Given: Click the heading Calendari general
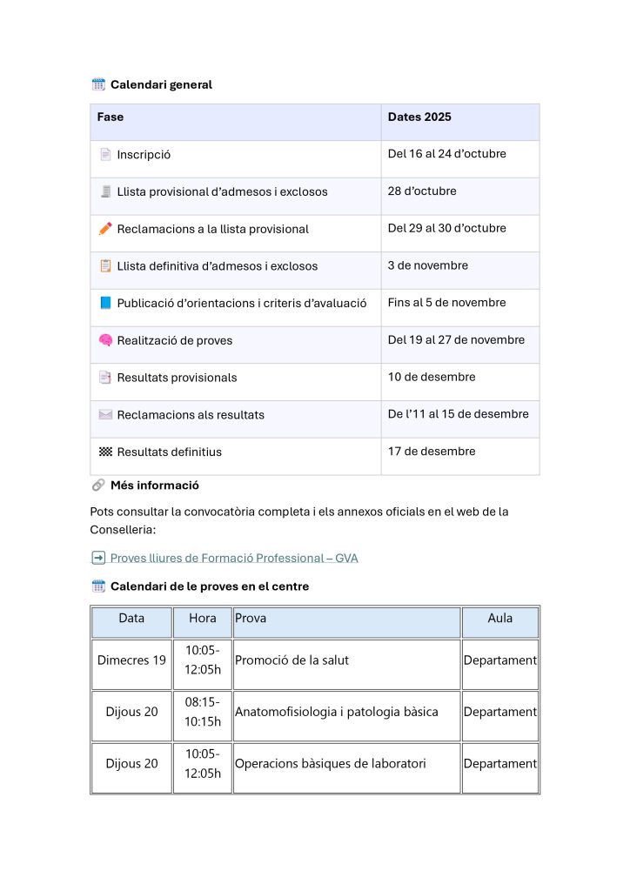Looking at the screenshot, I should pyautogui.click(x=161, y=84).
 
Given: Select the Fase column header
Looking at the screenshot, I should pyautogui.click(x=111, y=117).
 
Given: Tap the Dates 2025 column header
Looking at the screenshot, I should pyautogui.click(x=419, y=117).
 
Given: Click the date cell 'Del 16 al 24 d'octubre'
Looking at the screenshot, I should pyautogui.click(x=446, y=154).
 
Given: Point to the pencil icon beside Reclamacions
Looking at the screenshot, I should pyautogui.click(x=105, y=228).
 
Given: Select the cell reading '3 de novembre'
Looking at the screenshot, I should pyautogui.click(x=427, y=265).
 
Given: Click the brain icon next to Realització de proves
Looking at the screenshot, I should pyautogui.click(x=105, y=340).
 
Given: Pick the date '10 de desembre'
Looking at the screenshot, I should pyautogui.click(x=432, y=377).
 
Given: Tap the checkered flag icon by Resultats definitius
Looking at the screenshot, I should pyautogui.click(x=105, y=452).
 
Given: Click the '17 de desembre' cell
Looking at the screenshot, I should pyautogui.click(x=432, y=451).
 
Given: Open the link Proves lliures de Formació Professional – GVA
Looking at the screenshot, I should pyautogui.click(x=233, y=558).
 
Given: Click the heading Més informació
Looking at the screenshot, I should pyautogui.click(x=154, y=485).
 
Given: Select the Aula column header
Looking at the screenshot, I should pyautogui.click(x=499, y=619).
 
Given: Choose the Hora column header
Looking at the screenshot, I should pyautogui.click(x=202, y=619).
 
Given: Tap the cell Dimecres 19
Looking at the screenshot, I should pyautogui.click(x=131, y=660).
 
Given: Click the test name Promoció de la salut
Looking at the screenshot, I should pyautogui.click(x=292, y=660).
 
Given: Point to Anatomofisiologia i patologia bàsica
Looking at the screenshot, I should pyautogui.click(x=336, y=712).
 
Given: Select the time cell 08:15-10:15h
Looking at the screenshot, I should pyautogui.click(x=202, y=712).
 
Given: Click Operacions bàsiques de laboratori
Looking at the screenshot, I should pyautogui.click(x=330, y=763).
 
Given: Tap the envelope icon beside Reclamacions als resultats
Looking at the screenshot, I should pyautogui.click(x=105, y=414).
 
